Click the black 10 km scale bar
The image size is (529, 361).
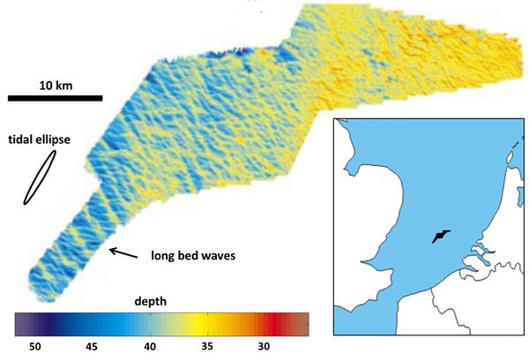pyautogui.click(x=55, y=97)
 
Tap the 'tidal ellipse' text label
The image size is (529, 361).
pyautogui.click(x=40, y=139)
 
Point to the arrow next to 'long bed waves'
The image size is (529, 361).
pyautogui.click(x=123, y=253)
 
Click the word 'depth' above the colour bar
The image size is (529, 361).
pyautogui.click(x=151, y=301)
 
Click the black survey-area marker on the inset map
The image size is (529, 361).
pyautogui.click(x=439, y=237)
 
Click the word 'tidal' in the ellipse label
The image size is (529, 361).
pyautogui.click(x=22, y=139)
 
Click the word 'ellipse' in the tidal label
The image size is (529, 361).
pyautogui.click(x=56, y=139)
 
